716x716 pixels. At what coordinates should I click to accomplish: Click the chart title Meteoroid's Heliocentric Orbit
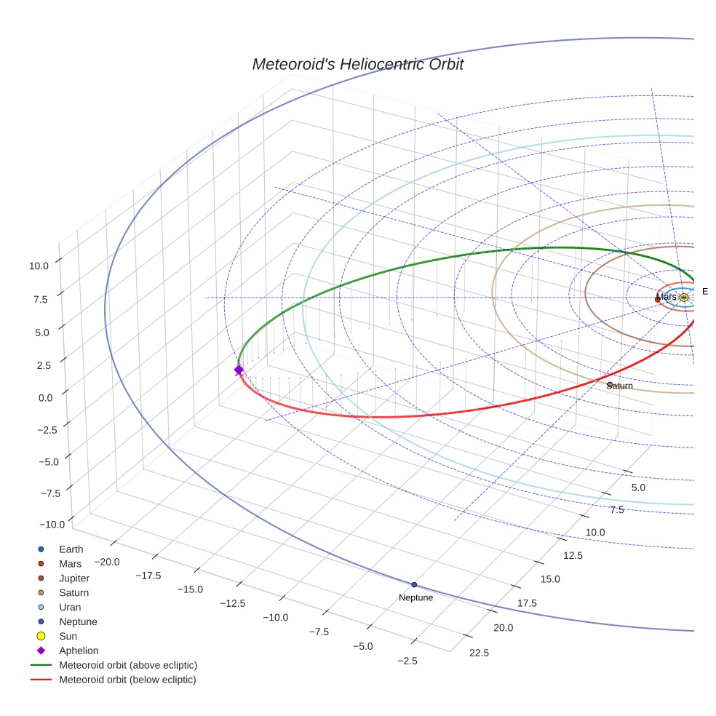[357, 64]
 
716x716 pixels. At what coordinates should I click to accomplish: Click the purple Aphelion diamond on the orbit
[239, 370]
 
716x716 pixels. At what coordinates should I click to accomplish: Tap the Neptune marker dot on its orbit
[414, 584]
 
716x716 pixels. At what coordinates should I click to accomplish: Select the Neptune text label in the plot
[415, 597]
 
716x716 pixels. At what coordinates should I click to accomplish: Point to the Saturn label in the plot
[620, 386]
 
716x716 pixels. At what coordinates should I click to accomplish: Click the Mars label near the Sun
[666, 297]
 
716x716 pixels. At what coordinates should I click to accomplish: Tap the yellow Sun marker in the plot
[683, 298]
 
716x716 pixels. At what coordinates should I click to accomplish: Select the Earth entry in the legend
[71, 549]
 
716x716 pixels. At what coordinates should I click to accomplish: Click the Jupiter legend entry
[74, 578]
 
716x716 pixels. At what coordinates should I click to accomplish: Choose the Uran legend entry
[70, 607]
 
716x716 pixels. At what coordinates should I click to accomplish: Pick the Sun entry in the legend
[68, 636]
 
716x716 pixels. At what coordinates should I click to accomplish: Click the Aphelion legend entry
[79, 651]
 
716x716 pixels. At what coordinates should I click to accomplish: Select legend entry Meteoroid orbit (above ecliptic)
[127, 665]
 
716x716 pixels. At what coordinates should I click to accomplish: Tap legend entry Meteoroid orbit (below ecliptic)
[127, 680]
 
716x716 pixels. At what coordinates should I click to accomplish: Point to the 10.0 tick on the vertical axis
[39, 266]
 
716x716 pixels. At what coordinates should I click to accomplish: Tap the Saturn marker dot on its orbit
[610, 384]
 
